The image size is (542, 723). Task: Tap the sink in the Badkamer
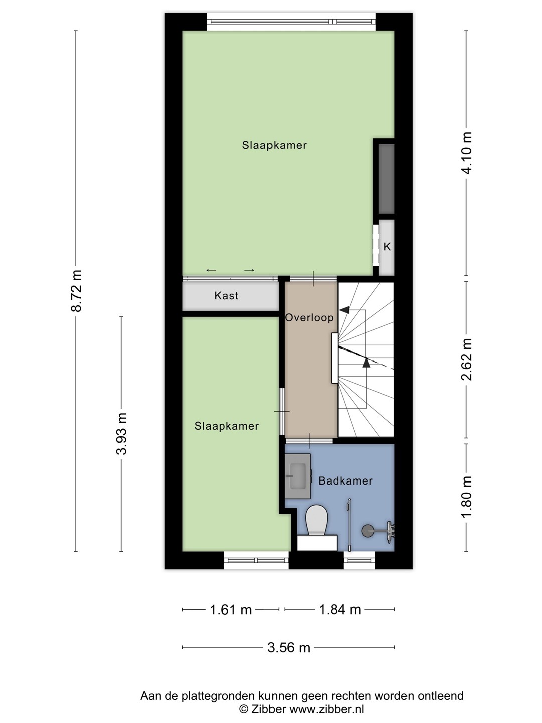[x=298, y=476]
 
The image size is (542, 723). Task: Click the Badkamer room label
[x=346, y=481]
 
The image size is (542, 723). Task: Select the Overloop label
[x=309, y=317]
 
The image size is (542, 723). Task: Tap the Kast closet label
[x=226, y=295]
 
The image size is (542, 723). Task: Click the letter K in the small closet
[x=387, y=247]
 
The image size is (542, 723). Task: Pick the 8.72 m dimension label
[x=77, y=291]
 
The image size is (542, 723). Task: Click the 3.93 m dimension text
[x=122, y=434]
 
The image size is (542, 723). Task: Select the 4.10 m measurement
[x=467, y=153]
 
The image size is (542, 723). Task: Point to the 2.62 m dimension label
[x=467, y=359]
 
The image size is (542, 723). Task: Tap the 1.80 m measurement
[x=467, y=497]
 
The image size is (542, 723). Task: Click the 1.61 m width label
[x=231, y=610]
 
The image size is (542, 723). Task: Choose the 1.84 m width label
[x=340, y=610]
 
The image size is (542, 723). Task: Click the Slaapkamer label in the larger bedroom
[x=275, y=145]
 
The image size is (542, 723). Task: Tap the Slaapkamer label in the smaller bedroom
[x=227, y=426]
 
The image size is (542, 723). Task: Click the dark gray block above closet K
[x=386, y=179]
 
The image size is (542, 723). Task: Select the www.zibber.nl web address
[x=326, y=709]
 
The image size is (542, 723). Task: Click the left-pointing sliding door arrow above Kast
[x=211, y=271]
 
